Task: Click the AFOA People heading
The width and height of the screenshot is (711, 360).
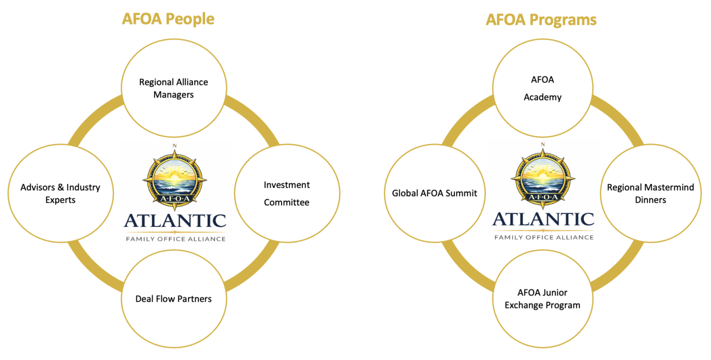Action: pos(168,19)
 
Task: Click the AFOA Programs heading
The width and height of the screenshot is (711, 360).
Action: pos(541,20)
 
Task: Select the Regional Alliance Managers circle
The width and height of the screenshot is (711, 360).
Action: pos(173,88)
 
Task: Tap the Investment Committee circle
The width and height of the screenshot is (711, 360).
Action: pos(287,194)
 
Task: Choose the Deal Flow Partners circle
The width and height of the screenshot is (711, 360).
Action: pos(173,299)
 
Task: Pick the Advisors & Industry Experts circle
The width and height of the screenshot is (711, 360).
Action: pos(60,194)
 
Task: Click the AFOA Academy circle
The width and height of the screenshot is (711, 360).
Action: pos(542,88)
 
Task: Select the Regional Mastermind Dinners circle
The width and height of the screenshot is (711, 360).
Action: pos(651,194)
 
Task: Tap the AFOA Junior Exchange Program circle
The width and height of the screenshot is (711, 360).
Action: pos(542,299)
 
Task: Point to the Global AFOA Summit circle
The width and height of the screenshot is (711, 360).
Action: pos(434,194)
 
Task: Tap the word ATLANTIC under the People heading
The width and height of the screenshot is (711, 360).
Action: pos(175,221)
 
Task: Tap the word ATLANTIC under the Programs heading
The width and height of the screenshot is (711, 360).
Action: pos(543,219)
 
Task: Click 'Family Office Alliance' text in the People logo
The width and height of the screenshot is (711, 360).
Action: pos(175,239)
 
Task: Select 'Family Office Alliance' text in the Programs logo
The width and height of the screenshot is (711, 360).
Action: pos(543,237)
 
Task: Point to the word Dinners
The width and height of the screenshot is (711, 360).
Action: pos(651,200)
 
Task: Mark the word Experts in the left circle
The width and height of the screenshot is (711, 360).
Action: pos(60,200)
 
